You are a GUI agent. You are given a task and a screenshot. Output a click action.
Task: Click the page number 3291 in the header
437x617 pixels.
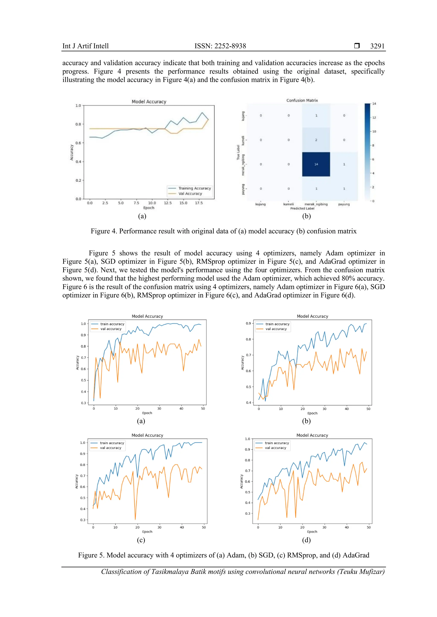point(377,46)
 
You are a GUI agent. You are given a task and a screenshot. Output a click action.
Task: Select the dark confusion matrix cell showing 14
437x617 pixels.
point(316,164)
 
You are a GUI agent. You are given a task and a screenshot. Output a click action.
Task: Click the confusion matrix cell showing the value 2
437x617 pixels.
point(316,140)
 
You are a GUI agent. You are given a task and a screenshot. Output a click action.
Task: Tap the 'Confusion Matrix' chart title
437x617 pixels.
point(302,100)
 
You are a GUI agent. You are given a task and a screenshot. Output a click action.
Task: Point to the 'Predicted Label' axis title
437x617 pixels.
point(302,208)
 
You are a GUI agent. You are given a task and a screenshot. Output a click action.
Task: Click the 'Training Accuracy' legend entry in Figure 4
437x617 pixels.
point(194,188)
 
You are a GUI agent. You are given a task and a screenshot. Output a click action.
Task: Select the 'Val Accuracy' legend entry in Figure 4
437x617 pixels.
point(190,193)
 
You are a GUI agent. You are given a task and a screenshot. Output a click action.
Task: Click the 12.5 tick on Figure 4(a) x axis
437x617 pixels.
point(168,203)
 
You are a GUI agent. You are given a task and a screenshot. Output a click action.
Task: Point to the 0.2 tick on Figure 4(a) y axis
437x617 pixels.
point(78,180)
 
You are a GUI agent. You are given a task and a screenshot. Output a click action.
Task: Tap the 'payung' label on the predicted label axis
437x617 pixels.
point(344,204)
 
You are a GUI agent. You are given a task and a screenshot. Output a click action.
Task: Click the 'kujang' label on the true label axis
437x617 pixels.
point(243,116)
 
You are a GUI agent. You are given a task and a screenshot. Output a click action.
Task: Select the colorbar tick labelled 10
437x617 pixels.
point(374,131)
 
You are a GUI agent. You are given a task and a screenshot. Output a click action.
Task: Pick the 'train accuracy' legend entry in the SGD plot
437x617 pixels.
point(277,324)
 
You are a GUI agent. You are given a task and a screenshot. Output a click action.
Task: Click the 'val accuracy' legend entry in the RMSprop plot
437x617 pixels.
point(110,448)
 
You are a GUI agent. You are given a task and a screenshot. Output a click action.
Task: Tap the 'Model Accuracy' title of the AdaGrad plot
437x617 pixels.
point(312,435)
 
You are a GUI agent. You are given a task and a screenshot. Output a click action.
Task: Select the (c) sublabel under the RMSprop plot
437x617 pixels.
point(141,540)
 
